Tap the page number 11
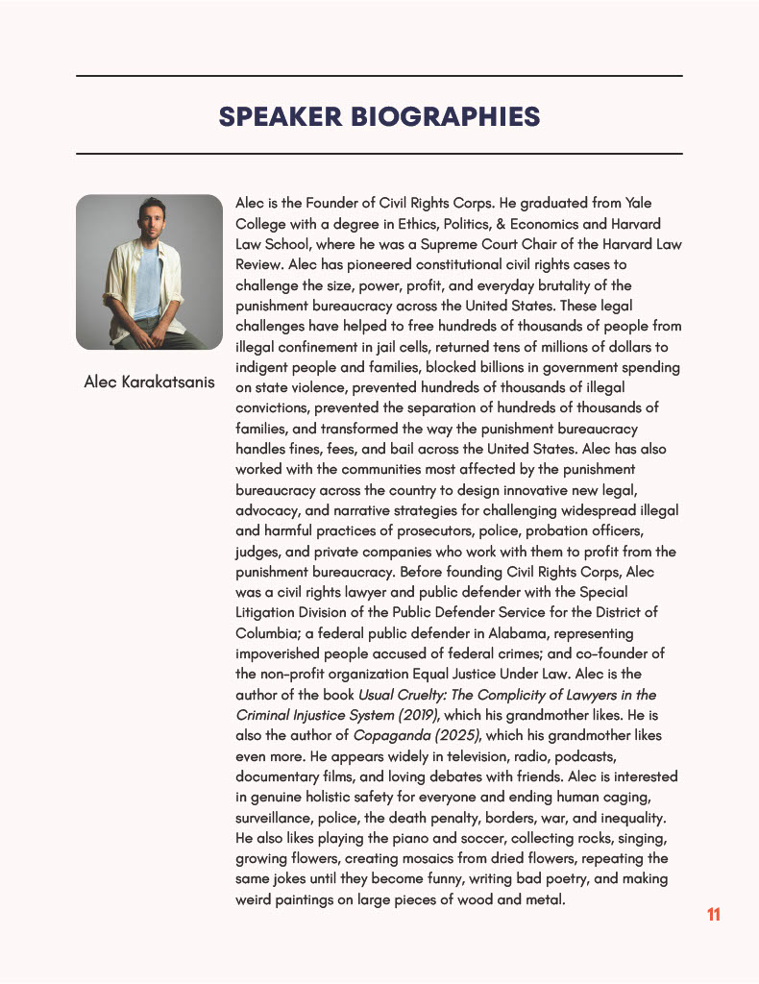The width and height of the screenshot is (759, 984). (713, 914)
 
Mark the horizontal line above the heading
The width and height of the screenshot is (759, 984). (379, 76)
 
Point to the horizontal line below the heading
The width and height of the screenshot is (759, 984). (379, 154)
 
